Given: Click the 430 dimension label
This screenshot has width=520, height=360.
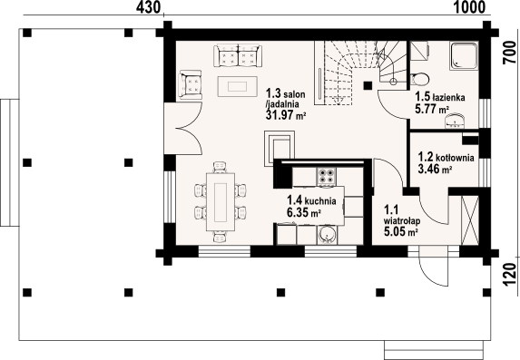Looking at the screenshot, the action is (148, 7).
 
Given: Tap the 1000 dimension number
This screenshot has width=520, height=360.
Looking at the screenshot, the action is (469, 7).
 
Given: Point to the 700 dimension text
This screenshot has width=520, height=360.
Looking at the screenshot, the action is (510, 53).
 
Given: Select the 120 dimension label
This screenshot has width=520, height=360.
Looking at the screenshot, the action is (510, 274).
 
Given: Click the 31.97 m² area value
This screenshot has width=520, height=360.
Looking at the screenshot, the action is (286, 115).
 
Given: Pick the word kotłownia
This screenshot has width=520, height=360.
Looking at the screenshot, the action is (455, 158).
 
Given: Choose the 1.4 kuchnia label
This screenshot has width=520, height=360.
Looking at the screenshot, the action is (311, 200).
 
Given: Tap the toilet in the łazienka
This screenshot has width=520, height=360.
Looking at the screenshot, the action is (419, 80).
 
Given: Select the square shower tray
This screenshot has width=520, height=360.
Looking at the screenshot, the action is (464, 55).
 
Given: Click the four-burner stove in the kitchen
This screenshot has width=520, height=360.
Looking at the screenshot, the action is (327, 176).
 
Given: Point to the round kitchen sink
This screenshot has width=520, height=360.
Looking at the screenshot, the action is (328, 235).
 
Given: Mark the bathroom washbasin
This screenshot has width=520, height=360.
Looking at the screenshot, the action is (455, 121).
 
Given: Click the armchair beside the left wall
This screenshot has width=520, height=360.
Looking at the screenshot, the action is (190, 84).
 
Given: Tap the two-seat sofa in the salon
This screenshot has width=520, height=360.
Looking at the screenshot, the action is (238, 55).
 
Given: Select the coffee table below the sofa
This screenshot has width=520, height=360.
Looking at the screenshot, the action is (238, 86).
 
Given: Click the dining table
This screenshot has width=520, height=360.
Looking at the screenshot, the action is (221, 202).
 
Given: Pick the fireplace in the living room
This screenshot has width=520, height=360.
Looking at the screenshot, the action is (280, 148).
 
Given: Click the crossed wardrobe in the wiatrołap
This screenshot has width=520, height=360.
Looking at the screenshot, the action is (470, 220).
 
